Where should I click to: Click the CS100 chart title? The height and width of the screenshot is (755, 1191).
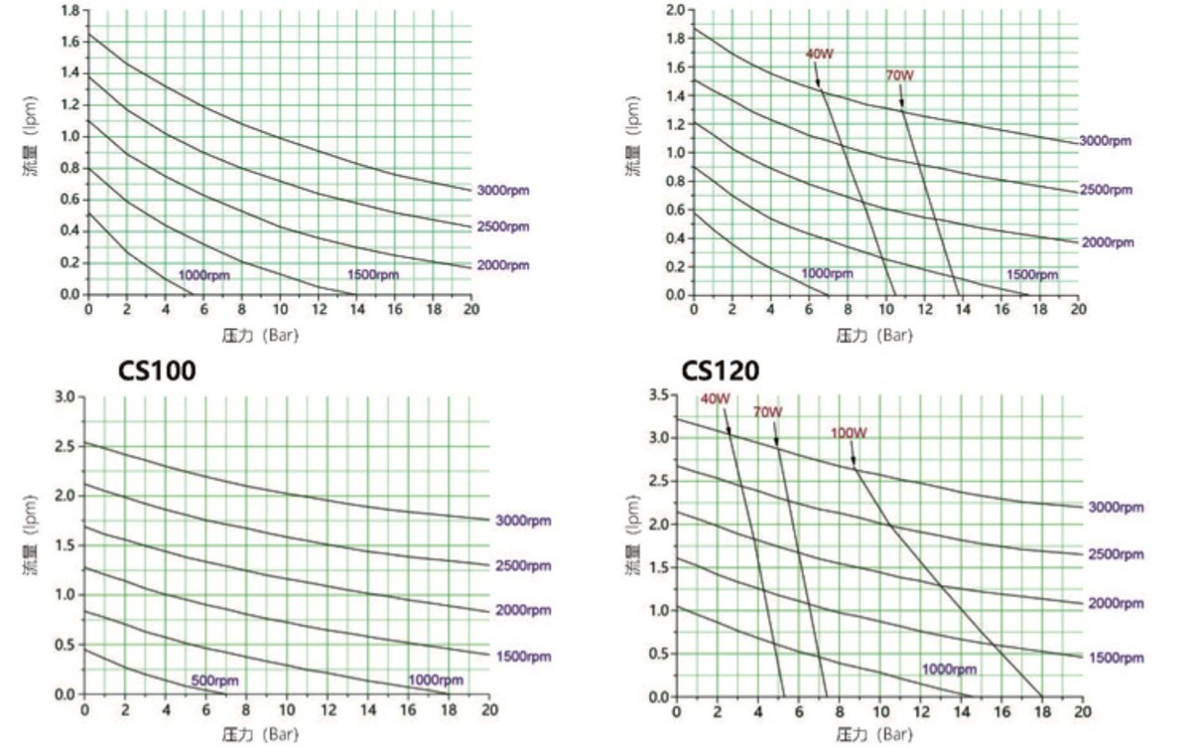pos(157,372)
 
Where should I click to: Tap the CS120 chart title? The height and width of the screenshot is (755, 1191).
pos(720,372)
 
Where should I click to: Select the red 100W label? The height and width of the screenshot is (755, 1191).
pos(849,432)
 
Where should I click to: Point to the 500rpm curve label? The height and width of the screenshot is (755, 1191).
pos(215,680)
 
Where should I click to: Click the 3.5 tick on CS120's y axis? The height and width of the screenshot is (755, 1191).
pos(656,395)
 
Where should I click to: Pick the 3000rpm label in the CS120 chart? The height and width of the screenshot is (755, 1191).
pos(1116,508)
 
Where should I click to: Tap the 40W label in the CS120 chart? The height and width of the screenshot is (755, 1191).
pos(715,399)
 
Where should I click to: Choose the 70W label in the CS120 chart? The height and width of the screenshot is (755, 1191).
pos(767,411)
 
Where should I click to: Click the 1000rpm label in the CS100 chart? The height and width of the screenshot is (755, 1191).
pos(436,680)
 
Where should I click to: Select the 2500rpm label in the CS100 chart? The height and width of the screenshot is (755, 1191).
pos(523,565)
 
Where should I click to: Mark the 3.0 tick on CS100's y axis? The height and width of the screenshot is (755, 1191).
pos(65,396)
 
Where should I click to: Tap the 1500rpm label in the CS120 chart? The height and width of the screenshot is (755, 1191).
pos(1116,658)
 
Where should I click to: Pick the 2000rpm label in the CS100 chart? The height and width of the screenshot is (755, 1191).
pos(523,610)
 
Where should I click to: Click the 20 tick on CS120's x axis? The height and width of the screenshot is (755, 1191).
pos(1082,712)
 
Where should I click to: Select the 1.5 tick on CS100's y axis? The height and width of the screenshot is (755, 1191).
pos(65,545)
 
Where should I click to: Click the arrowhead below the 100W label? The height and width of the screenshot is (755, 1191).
pos(855,463)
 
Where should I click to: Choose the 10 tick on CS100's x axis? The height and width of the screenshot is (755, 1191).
pos(287,710)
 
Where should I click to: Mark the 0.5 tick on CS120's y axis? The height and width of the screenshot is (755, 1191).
pos(656,654)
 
